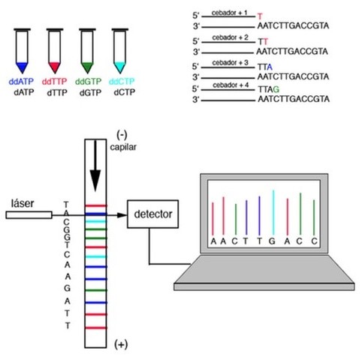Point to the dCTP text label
click(120, 93)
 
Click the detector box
click(154, 215)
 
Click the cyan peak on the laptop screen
click(273, 210)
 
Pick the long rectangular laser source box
click(29, 215)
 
